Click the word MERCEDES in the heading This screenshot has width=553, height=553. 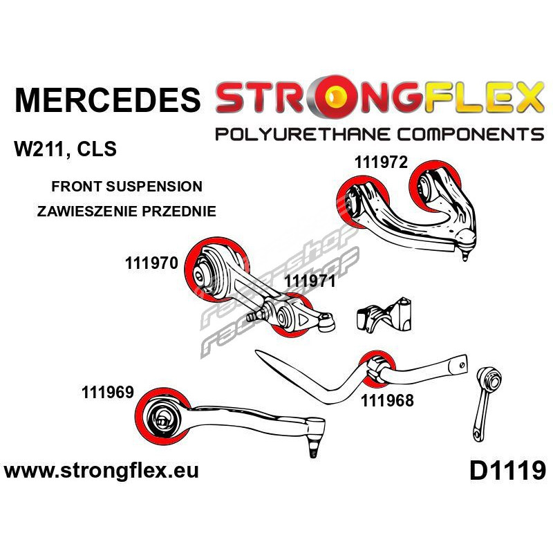tap(107, 100)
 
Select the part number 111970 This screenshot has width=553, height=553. tap(152, 263)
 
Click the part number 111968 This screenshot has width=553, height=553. tap(386, 400)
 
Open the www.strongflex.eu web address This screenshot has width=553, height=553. tap(102, 472)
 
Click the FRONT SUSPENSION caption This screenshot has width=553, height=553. tap(126, 187)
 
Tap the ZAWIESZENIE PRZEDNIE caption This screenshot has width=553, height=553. tap(125, 212)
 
